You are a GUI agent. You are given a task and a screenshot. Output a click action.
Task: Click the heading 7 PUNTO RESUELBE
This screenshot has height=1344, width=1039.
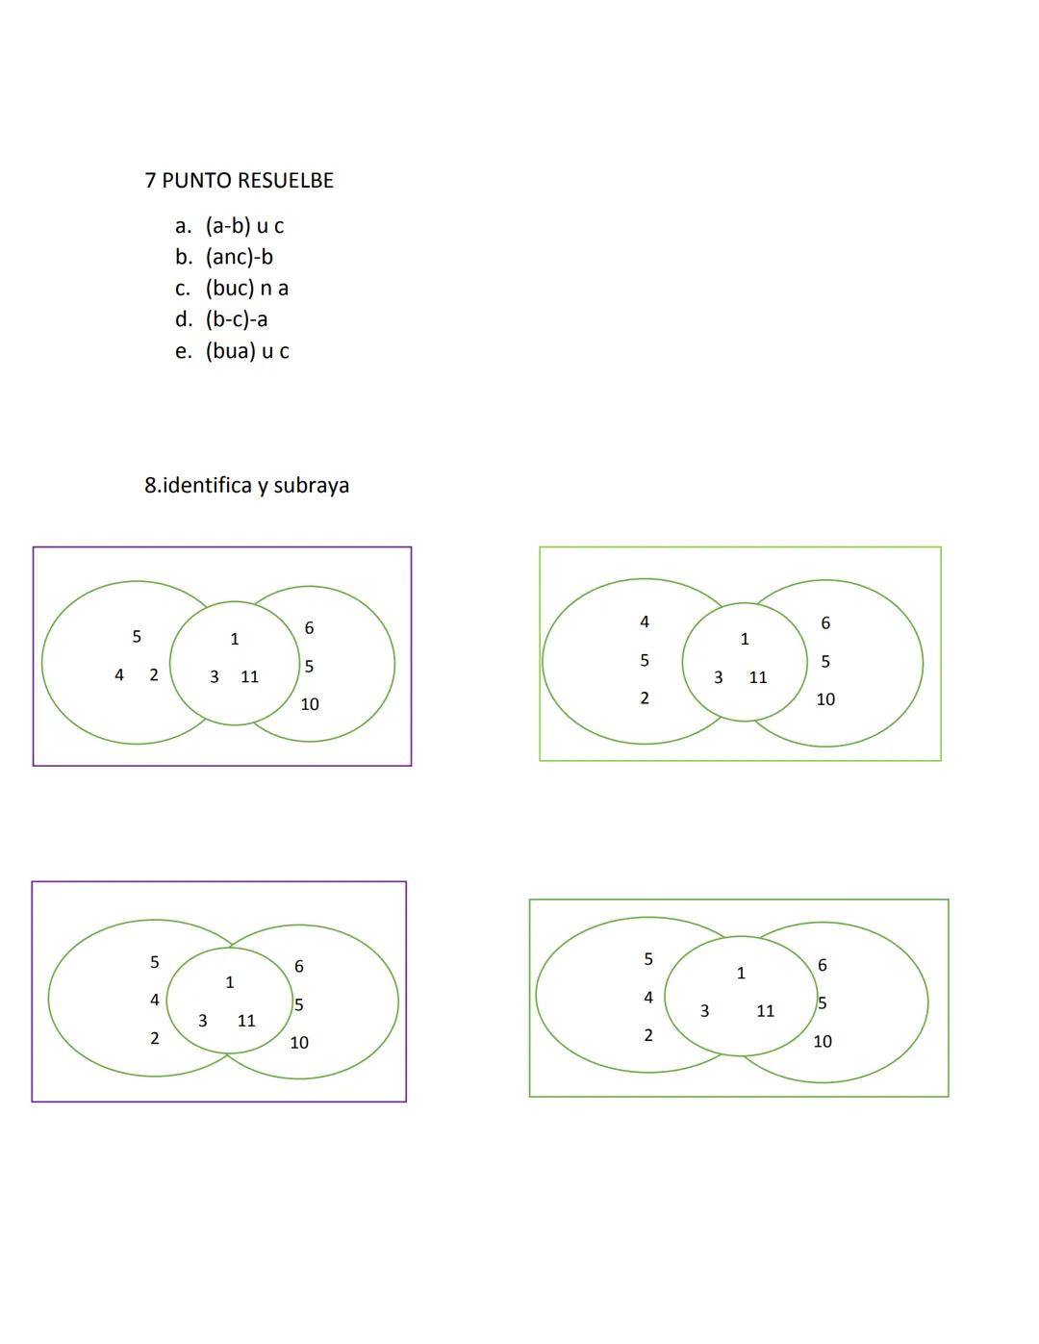coord(239,181)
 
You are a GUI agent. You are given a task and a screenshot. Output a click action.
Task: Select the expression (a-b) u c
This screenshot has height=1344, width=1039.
coord(244,226)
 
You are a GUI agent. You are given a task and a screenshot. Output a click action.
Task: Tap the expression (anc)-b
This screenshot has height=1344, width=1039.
coord(239,257)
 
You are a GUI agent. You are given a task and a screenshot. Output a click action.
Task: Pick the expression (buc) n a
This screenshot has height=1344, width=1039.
coord(246,288)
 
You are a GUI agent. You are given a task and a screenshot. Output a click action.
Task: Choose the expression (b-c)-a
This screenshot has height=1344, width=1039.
coord(236,318)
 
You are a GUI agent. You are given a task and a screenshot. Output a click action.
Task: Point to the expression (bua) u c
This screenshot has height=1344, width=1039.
coord(246,350)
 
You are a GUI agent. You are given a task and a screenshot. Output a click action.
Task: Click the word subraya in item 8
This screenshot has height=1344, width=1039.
coord(311,485)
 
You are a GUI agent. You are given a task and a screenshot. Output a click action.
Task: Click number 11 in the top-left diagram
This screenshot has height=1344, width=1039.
coord(249,677)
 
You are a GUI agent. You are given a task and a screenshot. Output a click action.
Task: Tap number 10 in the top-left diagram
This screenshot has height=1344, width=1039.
coord(309,704)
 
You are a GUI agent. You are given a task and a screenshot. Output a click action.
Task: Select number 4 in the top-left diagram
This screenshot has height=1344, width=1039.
coord(119,675)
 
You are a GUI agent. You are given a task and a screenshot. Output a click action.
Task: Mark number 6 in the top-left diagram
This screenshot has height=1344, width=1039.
coord(309,628)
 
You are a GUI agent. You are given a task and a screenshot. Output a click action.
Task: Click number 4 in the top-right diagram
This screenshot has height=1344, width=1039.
coord(645,622)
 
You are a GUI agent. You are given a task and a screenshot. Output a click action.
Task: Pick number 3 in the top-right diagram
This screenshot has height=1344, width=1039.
coord(718,677)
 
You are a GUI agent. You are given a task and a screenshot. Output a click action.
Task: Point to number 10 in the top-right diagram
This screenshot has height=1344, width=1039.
coord(825,699)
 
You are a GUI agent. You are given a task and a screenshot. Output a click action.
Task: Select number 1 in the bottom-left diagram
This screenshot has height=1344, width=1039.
coord(229,982)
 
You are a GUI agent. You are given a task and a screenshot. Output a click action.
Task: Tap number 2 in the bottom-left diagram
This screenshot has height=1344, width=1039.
coord(154,1039)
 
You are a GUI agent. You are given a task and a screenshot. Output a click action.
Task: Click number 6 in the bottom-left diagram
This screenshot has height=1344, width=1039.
coord(299,966)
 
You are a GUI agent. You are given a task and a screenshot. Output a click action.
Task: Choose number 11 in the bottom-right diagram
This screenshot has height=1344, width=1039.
coord(765,1011)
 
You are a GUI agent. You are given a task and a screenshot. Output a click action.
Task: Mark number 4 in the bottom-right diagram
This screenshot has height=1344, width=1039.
coord(647,998)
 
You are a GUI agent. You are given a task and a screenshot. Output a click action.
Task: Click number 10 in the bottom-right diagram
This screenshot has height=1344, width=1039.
coord(823,1041)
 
